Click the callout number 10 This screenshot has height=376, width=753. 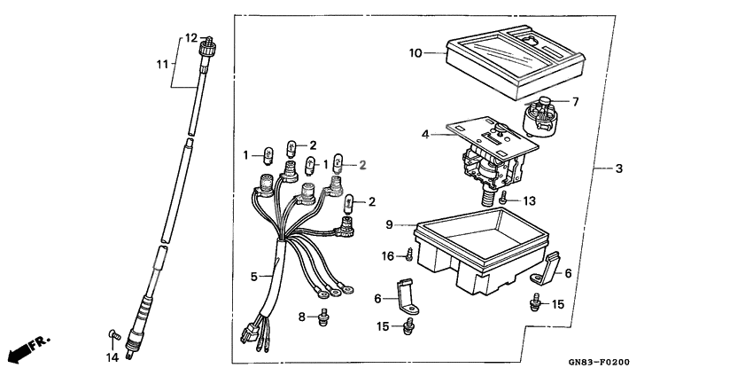click(x=415, y=54)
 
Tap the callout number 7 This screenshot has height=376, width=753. click(x=575, y=102)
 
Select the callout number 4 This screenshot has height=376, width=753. click(x=426, y=135)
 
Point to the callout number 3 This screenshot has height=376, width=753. click(x=619, y=168)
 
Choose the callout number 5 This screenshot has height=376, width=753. click(x=253, y=277)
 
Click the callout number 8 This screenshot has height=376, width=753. click(x=301, y=316)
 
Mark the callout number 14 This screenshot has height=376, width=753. click(x=112, y=357)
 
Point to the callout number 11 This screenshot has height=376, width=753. click(x=162, y=64)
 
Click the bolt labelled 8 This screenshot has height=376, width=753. click(x=324, y=315)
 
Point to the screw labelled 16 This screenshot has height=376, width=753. click(x=410, y=256)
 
